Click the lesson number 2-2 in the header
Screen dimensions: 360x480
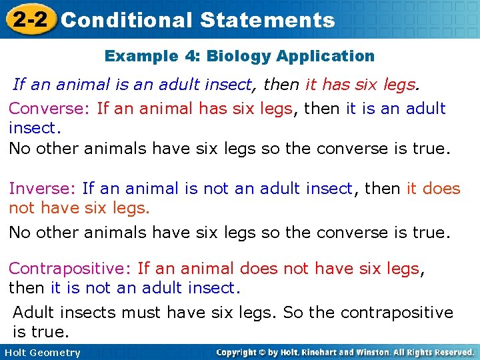coord(27,19)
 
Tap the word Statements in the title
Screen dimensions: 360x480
coord(267,20)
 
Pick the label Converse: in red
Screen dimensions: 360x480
coord(50,109)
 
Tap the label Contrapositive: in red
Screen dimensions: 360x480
coord(70,269)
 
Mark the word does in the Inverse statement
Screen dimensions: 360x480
coord(442,189)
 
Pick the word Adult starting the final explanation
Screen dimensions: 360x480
coord(34,313)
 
